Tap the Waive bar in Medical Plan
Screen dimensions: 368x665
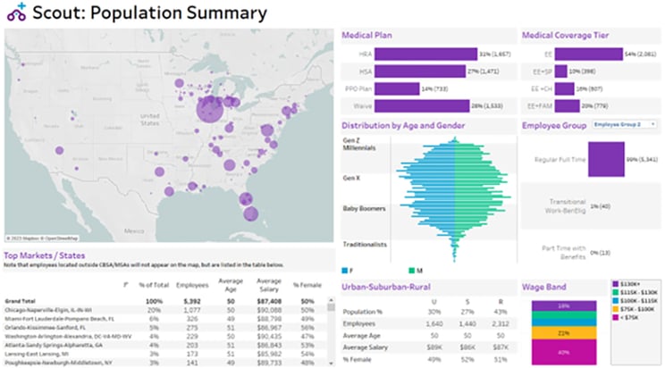tap(420, 105)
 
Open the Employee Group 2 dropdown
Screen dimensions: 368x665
tap(625, 125)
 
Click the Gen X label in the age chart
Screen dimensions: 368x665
tap(352, 176)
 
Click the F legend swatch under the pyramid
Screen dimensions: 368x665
tap(346, 270)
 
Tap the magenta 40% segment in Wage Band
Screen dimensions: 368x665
tap(563, 353)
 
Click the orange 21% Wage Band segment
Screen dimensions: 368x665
tap(563, 331)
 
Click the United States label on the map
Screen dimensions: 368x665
tap(149, 116)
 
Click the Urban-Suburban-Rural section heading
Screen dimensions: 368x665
tap(393, 287)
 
